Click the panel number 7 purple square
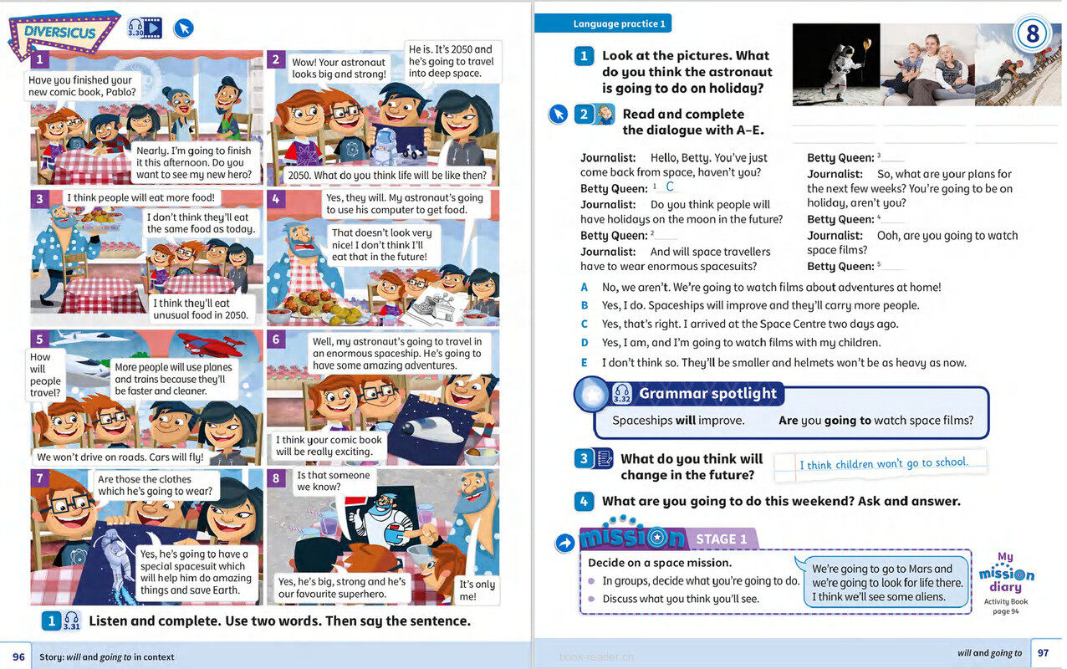(39, 477)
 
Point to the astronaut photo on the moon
(835, 64)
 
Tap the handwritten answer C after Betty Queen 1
(670, 186)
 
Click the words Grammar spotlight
(707, 393)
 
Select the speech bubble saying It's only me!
(478, 590)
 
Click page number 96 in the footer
(17, 656)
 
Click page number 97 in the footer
(1043, 653)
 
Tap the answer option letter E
(585, 362)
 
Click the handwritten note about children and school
(882, 463)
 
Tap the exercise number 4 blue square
(585, 502)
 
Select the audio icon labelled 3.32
(621, 394)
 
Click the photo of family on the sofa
(927, 64)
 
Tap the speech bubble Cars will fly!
(120, 457)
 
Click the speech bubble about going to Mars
(886, 582)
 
